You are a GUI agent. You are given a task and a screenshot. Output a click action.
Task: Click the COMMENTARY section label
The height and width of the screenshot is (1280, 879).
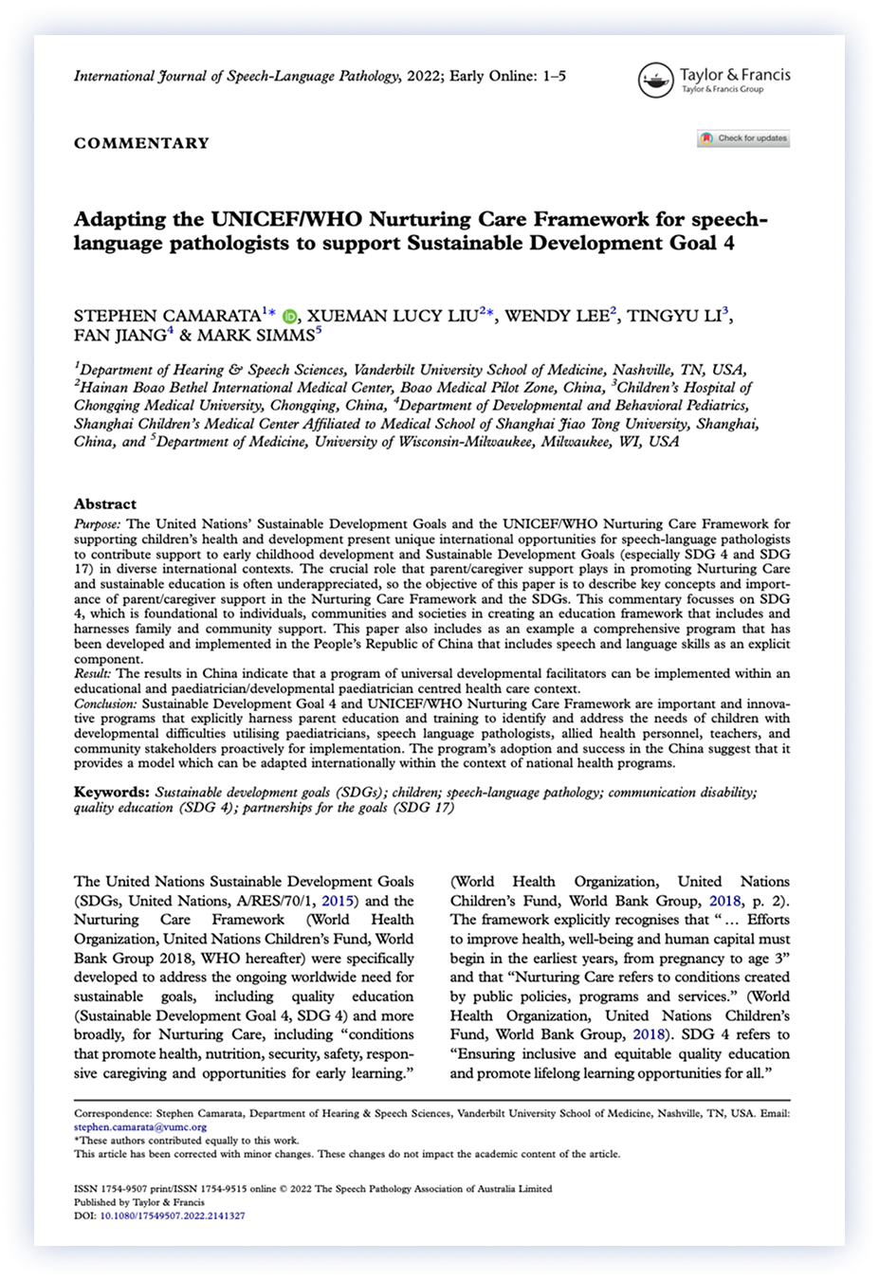141,143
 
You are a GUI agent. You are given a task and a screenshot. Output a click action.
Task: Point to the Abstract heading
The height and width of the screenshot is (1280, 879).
105,503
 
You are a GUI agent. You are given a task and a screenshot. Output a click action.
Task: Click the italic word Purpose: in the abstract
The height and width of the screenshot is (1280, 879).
98,523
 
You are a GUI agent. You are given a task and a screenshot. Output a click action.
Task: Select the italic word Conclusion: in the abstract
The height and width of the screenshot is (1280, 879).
106,704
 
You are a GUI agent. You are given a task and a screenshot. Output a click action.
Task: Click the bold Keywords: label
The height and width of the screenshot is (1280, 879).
112,792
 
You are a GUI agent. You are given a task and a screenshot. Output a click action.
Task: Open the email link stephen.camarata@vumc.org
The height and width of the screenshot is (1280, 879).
140,1127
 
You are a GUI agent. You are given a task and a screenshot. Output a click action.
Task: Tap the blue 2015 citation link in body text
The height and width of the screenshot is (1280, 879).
339,901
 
